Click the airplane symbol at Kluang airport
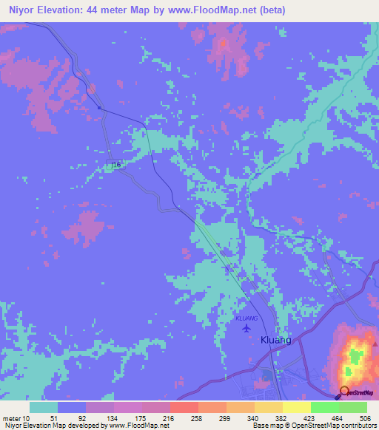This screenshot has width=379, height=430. [x=246, y=327]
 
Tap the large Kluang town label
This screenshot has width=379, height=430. [x=276, y=340]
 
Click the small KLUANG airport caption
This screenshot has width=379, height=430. [x=246, y=318]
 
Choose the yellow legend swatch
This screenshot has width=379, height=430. [x=296, y=407]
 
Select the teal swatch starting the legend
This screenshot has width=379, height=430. [x=44, y=407]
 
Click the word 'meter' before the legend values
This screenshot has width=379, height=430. [x=13, y=417]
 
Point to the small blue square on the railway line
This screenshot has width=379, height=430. [x=98, y=109]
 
